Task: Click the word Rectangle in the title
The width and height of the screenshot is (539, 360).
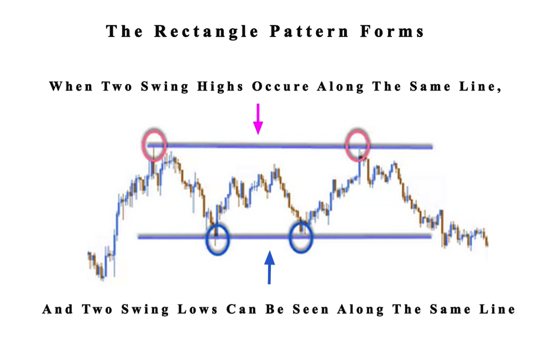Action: [x=206, y=32]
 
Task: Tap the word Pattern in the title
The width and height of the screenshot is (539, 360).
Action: [x=309, y=32]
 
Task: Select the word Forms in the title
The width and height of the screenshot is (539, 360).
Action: [x=393, y=32]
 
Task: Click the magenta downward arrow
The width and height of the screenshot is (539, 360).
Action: [x=258, y=118]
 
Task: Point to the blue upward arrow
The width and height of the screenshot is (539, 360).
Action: [x=269, y=267]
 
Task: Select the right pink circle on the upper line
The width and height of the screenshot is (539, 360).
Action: [x=357, y=145]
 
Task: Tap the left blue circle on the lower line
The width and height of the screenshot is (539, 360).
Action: [x=217, y=239]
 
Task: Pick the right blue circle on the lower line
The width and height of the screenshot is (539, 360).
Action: [x=301, y=238]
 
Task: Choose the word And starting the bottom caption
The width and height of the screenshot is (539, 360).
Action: [x=57, y=310]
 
